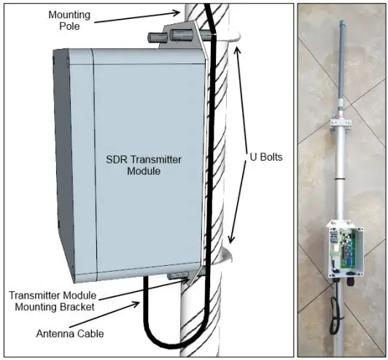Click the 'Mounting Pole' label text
[69, 20]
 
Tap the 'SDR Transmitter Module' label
[144, 165]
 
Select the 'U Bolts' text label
[266, 157]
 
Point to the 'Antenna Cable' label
[70, 334]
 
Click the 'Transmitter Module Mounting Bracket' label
[53, 301]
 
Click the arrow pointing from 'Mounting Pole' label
[137, 17]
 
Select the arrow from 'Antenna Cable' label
[104, 314]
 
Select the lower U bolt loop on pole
[226, 255]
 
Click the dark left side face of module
[63, 166]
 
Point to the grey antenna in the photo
[343, 64]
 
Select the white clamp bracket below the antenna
[341, 123]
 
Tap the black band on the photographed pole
[339, 178]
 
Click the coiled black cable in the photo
[335, 316]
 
